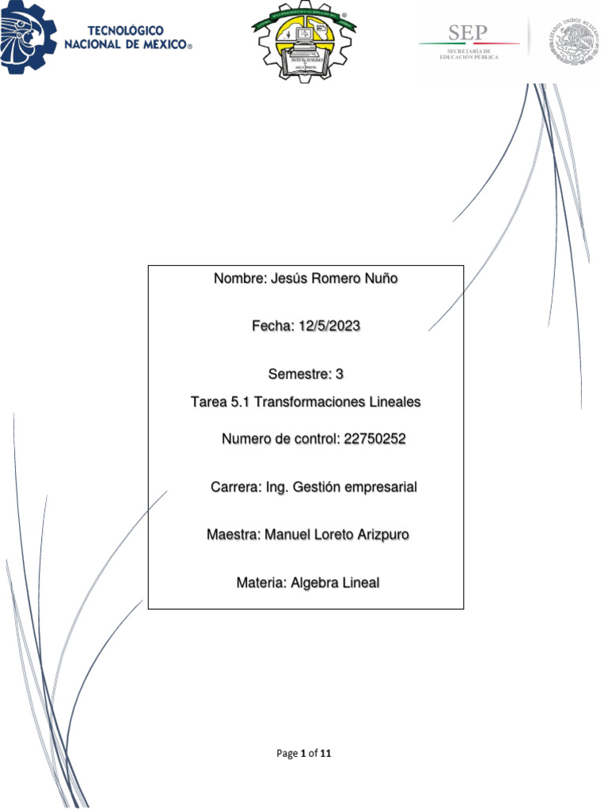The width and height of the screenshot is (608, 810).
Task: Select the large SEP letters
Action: (x=469, y=32)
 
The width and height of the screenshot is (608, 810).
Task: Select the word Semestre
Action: (x=296, y=373)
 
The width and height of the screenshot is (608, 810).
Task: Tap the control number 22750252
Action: (x=374, y=440)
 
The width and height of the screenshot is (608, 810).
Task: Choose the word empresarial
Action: (x=379, y=487)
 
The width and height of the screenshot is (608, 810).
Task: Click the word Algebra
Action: (x=315, y=583)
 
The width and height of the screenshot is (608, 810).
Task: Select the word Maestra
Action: (x=232, y=535)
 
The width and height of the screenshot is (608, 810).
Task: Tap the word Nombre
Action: (x=240, y=278)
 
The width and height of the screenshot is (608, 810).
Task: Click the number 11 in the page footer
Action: (x=325, y=754)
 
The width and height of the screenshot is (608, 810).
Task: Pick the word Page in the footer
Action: (x=287, y=754)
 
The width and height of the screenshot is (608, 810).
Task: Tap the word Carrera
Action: (x=234, y=487)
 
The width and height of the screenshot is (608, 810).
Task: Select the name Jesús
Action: (x=288, y=278)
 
